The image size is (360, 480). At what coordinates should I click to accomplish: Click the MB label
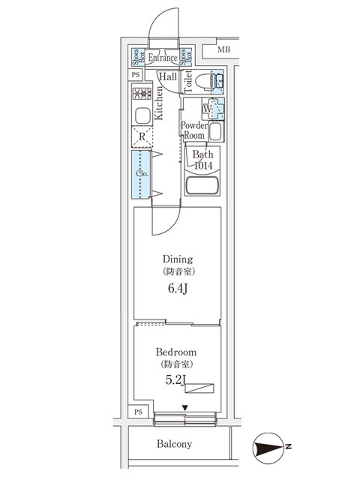[x=223, y=49]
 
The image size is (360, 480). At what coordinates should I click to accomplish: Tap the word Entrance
[x=163, y=57]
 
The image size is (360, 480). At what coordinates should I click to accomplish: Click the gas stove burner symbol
[x=142, y=94]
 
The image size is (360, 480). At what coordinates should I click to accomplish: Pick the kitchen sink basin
[x=142, y=115]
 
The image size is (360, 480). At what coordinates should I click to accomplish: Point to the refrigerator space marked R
[x=142, y=136]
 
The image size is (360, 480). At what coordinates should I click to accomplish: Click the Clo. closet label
[x=142, y=174]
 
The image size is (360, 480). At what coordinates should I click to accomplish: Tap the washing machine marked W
[x=213, y=109]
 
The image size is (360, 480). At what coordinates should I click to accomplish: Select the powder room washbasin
[x=215, y=132]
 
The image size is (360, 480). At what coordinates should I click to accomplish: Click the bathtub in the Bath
[x=202, y=185]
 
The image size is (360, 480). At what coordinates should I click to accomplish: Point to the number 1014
[x=203, y=166]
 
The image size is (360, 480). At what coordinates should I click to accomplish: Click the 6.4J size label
[x=178, y=289]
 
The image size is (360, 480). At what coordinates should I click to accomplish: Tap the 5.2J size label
[x=175, y=380]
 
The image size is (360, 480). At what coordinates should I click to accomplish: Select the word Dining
[x=178, y=259]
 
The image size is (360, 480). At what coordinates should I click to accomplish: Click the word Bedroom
[x=176, y=352]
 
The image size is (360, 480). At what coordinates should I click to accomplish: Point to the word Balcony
[x=174, y=444]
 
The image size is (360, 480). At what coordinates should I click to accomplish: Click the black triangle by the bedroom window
[x=185, y=408]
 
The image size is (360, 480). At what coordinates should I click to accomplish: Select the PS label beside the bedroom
[x=138, y=412]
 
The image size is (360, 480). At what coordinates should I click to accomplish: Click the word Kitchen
[x=158, y=103]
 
